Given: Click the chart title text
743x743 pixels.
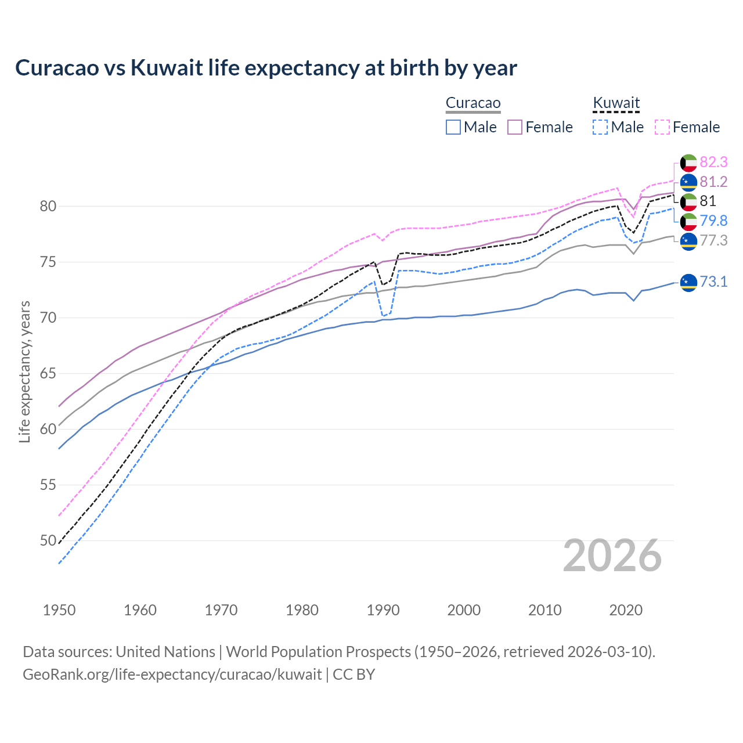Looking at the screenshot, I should click(266, 68).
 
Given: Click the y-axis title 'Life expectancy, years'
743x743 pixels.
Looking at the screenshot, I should click(24, 371).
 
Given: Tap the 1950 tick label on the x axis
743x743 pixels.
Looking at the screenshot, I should click(59, 610).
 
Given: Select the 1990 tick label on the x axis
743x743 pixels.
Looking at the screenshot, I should click(383, 610).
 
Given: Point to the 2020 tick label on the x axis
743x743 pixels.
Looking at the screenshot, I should click(626, 610).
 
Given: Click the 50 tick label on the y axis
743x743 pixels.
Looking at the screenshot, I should click(48, 540).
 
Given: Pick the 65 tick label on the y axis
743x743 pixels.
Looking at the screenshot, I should click(48, 373).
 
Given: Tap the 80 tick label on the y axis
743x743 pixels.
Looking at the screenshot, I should click(48, 206).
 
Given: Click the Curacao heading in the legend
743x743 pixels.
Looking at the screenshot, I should click(473, 103).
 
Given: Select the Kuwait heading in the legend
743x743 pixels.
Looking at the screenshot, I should click(616, 103).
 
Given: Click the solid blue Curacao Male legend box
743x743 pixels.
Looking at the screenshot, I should click(453, 127).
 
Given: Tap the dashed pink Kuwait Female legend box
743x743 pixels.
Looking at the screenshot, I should click(662, 127).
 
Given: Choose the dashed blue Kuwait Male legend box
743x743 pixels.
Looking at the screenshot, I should click(600, 127).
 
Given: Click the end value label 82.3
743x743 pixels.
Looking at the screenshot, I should click(713, 162).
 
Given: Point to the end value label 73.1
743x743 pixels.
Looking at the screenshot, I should click(713, 282).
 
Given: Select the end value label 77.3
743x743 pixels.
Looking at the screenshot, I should click(713, 240).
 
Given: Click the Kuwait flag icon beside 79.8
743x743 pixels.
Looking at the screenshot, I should click(688, 221).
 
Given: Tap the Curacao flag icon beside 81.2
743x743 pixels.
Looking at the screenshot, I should click(688, 182).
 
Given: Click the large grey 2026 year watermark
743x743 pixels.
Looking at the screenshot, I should click(612, 556).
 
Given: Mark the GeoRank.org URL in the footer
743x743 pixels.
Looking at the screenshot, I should click(172, 675).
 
